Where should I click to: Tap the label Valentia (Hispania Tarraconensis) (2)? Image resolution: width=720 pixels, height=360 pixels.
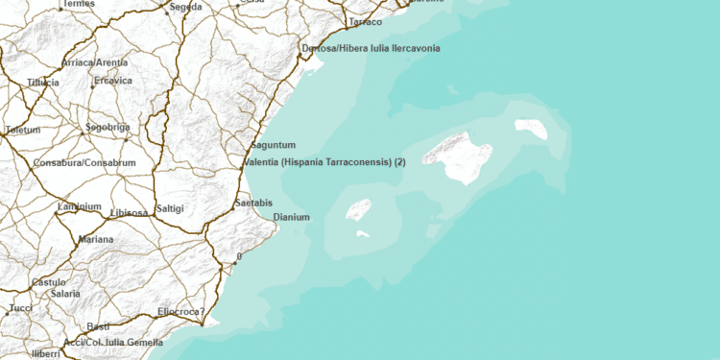325,163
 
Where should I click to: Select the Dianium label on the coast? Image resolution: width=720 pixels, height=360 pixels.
292,218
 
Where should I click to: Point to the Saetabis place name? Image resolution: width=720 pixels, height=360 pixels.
253,204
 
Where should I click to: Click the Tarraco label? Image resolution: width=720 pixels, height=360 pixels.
366,21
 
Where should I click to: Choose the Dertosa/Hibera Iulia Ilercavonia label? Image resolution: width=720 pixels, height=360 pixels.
371,48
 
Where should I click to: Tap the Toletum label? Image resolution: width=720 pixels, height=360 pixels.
23,130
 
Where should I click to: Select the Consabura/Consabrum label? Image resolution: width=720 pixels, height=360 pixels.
84,163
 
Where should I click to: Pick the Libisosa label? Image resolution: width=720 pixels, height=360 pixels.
129,212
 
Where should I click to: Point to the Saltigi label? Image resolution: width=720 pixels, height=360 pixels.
170,208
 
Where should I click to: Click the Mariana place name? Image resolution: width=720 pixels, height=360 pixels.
96,239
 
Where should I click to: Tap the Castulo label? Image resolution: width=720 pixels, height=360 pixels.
49,282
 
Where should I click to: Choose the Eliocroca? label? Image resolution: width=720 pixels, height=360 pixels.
181,312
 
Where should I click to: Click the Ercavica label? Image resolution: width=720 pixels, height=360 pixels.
112,82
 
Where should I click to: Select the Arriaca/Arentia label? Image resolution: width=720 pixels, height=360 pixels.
94,62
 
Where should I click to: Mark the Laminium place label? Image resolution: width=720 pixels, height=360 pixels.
79,206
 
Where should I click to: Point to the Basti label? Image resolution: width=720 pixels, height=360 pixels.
98,326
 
